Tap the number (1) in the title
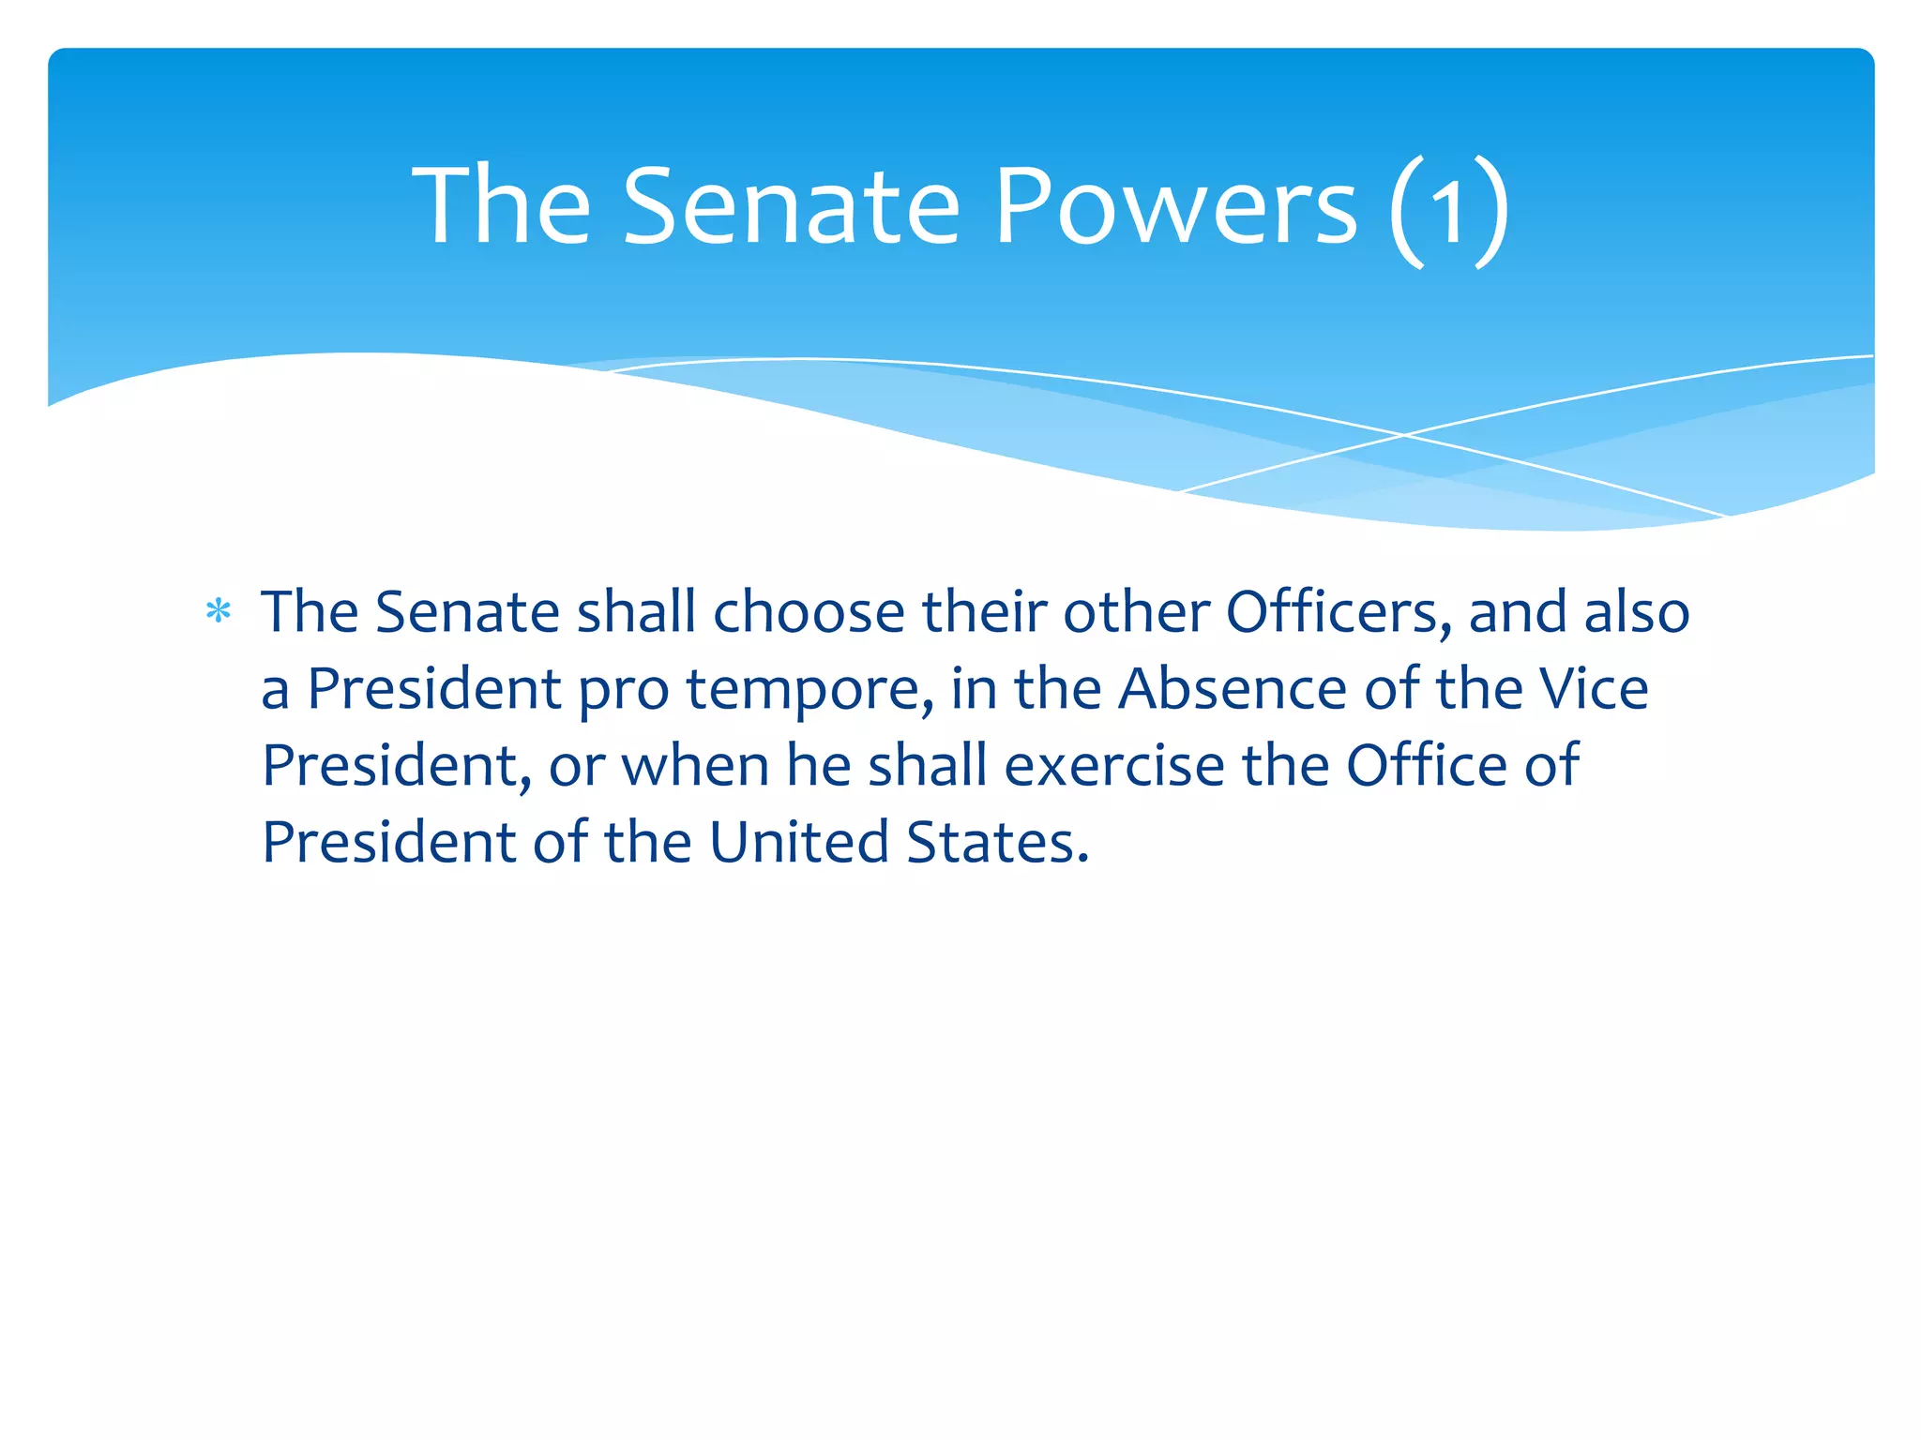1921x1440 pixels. tap(1449, 208)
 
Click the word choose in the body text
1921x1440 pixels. tap(809, 613)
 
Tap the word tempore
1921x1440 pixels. tap(809, 691)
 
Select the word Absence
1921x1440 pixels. tap(1233, 689)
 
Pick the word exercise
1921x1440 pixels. tap(1114, 766)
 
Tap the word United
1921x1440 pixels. tap(798, 843)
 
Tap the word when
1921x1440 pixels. tap(694, 766)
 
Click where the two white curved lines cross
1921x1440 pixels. tap(1404, 435)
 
